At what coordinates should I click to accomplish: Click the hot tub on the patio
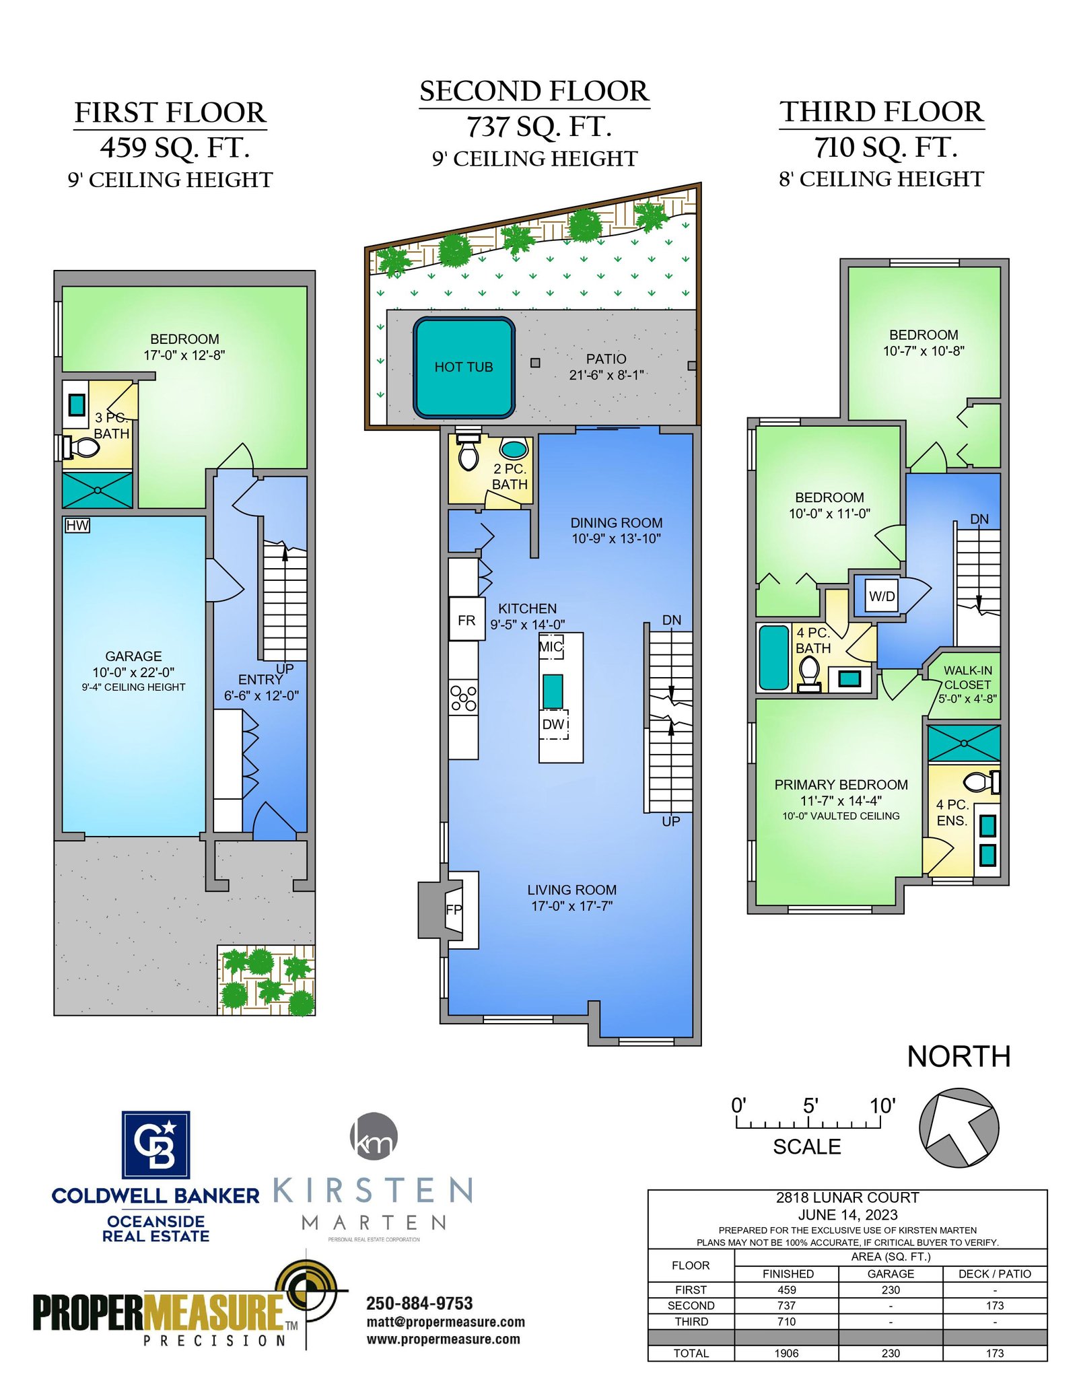464,367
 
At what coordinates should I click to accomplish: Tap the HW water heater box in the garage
77,525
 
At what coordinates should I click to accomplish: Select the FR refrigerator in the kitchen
466,619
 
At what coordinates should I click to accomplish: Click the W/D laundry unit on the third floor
882,596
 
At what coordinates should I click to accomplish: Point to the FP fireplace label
454,909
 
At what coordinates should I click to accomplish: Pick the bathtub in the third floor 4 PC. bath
773,658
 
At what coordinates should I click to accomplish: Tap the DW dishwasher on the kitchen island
554,724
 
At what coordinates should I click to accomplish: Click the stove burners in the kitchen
464,697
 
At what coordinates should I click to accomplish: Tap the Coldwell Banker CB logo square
155,1144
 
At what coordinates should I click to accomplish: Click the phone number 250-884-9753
419,1303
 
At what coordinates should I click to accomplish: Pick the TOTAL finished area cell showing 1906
786,1353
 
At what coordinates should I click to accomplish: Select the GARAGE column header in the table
891,1274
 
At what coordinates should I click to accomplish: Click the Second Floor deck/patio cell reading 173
995,1305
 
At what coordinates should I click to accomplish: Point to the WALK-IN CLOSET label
967,677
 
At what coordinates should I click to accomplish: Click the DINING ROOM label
617,522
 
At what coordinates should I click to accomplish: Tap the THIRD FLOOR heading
882,112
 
